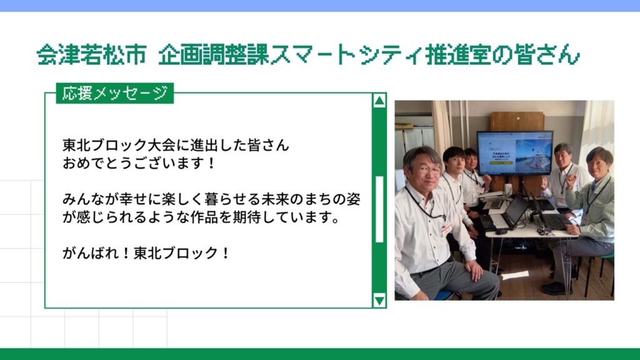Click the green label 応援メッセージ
(115, 94)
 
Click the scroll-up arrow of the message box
(379, 101)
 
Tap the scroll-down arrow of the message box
(379, 301)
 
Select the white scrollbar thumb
(379, 209)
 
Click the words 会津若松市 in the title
(91, 54)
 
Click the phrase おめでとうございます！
(139, 163)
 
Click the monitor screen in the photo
(515, 152)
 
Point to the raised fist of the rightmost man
(570, 181)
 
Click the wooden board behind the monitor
(517, 121)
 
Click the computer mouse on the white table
(501, 232)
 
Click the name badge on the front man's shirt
(446, 228)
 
